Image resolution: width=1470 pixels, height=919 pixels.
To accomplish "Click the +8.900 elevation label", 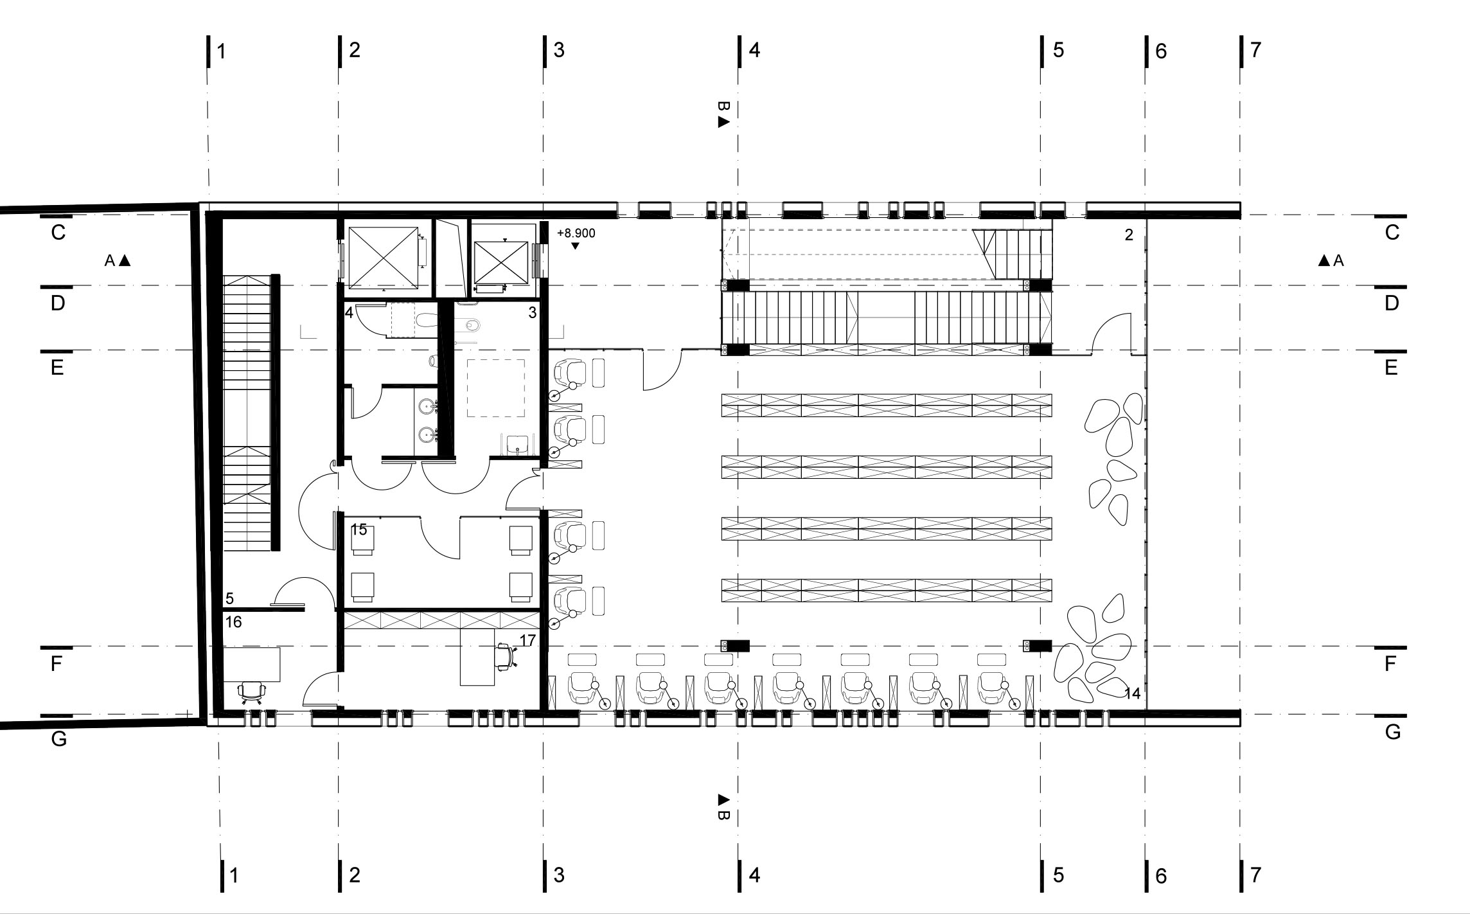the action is pyautogui.click(x=576, y=233).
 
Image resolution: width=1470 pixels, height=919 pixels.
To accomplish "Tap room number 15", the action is pyautogui.click(x=359, y=530).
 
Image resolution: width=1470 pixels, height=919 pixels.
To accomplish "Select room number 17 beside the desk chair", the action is pyautogui.click(x=527, y=640).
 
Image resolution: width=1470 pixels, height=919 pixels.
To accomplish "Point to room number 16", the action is pyautogui.click(x=234, y=621).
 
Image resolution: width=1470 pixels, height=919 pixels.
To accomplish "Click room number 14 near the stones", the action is pyautogui.click(x=1132, y=693).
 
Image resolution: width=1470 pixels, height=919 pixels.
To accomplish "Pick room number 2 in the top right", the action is pyautogui.click(x=1129, y=235).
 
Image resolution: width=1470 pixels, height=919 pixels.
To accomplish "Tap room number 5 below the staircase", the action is pyautogui.click(x=230, y=598).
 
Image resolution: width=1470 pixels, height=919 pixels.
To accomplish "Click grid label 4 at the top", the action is pyautogui.click(x=754, y=50).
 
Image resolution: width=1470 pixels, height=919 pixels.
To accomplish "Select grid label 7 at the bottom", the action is pyautogui.click(x=1256, y=875).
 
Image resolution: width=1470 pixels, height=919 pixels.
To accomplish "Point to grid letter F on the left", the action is pyautogui.click(x=57, y=663).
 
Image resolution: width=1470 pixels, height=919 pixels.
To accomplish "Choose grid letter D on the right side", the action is pyautogui.click(x=1392, y=303).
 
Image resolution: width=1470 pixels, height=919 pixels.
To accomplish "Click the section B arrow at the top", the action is pyautogui.click(x=723, y=122).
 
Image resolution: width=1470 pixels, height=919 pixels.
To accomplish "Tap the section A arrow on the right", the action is pyautogui.click(x=1324, y=260).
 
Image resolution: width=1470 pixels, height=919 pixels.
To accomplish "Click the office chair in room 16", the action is pyautogui.click(x=251, y=692).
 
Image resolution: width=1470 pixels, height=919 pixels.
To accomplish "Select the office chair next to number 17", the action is pyautogui.click(x=506, y=657).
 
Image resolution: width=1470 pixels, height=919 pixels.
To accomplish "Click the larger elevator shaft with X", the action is pyautogui.click(x=383, y=256).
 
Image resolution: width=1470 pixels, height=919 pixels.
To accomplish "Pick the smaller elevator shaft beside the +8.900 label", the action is pyautogui.click(x=500, y=262).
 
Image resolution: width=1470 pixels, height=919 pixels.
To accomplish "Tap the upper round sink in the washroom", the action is pyautogui.click(x=426, y=406).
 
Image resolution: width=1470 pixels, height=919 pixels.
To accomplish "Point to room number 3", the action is pyautogui.click(x=532, y=313).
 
